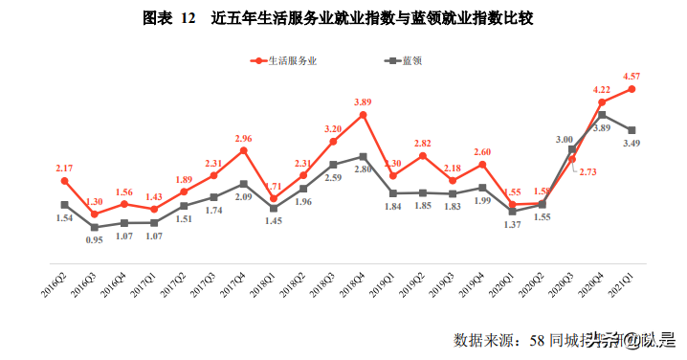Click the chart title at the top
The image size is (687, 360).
coord(343,18)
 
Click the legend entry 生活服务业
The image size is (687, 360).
coord(287,59)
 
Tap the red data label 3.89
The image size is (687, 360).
coord(363,101)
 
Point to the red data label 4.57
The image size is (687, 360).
coord(632,76)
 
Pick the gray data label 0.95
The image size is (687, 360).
coord(94,239)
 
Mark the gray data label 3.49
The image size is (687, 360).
coord(632,143)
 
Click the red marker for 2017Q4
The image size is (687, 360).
coord(243,150)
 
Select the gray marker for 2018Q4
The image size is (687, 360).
coord(363,156)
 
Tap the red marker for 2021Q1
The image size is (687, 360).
coord(632,89)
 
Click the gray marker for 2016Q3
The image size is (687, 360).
coord(94,227)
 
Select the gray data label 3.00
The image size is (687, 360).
coord(565,139)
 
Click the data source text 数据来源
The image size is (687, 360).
coord(483,339)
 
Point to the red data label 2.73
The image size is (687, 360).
coord(586,172)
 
